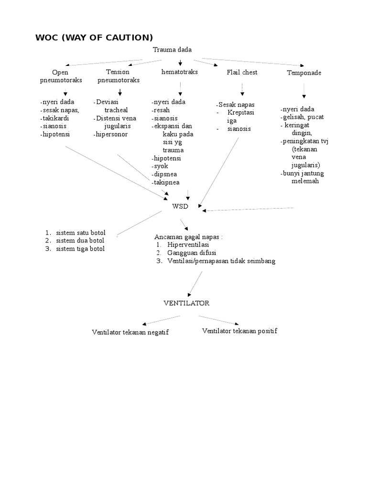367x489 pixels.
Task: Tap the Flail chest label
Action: pos(242,72)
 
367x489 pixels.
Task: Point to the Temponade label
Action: pos(304,73)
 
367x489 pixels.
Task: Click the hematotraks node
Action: pos(180,72)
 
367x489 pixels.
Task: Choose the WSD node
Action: pos(180,206)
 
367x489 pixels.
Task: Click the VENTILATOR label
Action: pos(186,303)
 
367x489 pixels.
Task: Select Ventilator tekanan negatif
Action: pos(130,332)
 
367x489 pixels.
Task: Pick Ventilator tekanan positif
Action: pos(239,331)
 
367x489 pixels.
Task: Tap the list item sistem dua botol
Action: pos(80,241)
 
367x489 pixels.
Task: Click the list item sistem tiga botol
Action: pos(80,249)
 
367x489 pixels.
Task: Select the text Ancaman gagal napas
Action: pos(188,237)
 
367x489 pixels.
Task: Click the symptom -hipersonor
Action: pos(111,135)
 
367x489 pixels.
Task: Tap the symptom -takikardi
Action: pos(55,118)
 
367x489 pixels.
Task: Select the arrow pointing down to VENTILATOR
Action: pos(196,284)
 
